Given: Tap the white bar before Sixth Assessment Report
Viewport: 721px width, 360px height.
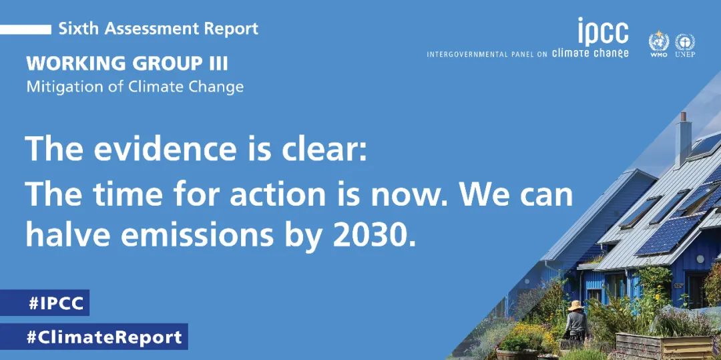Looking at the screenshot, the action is (26, 29).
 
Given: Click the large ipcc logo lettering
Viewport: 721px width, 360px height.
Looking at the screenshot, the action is (603, 32).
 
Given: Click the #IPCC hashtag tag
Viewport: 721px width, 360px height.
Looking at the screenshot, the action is (45, 303).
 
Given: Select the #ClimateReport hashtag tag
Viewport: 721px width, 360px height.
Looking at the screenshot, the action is (94, 337).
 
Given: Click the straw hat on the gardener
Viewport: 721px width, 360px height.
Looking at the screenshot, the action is (575, 305).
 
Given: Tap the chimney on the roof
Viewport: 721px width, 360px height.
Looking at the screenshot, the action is (684, 140).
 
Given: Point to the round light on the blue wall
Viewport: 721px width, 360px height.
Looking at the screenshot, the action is (700, 259).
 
